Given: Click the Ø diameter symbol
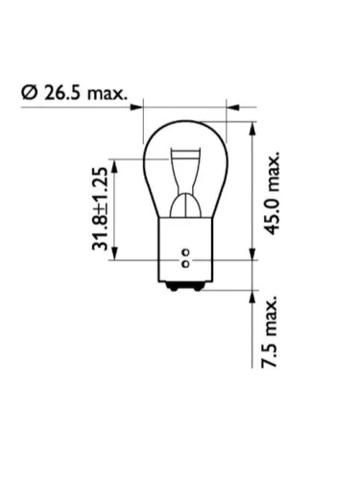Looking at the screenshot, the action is pyautogui.click(x=30, y=92).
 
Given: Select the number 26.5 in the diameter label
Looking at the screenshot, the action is pyautogui.click(x=62, y=92).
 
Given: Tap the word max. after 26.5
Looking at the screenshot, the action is pyautogui.click(x=108, y=94).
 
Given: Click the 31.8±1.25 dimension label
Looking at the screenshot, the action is pyautogui.click(x=100, y=208).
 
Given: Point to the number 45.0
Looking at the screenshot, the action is pyautogui.click(x=272, y=214).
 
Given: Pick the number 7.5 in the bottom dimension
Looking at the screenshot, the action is pyautogui.click(x=269, y=354).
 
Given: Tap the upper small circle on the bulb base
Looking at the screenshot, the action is pyautogui.click(x=185, y=252).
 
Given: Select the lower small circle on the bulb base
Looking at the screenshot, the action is pyautogui.click(x=185, y=264).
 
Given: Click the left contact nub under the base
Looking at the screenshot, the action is pyautogui.click(x=173, y=288).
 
